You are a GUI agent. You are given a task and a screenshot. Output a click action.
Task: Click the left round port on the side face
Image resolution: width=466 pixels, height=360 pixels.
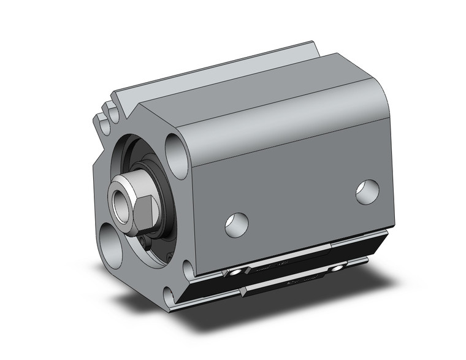point(237,224)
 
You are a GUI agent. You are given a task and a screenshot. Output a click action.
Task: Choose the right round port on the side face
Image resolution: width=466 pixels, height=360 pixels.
point(368,192)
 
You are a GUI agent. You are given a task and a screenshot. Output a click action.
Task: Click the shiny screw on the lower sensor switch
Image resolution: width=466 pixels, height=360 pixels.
point(336,269)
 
